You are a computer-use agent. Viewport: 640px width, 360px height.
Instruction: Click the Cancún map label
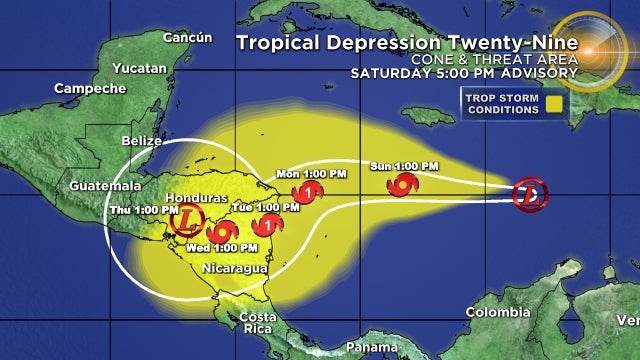coord(188,38)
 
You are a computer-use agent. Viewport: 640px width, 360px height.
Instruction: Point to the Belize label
coord(141,141)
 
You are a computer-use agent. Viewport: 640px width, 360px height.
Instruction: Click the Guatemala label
coord(99,187)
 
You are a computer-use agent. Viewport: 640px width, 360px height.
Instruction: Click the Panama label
coord(370,347)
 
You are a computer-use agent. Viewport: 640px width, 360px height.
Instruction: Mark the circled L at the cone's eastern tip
coord(530,194)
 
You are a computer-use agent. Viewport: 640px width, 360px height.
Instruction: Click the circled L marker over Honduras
coord(189,220)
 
